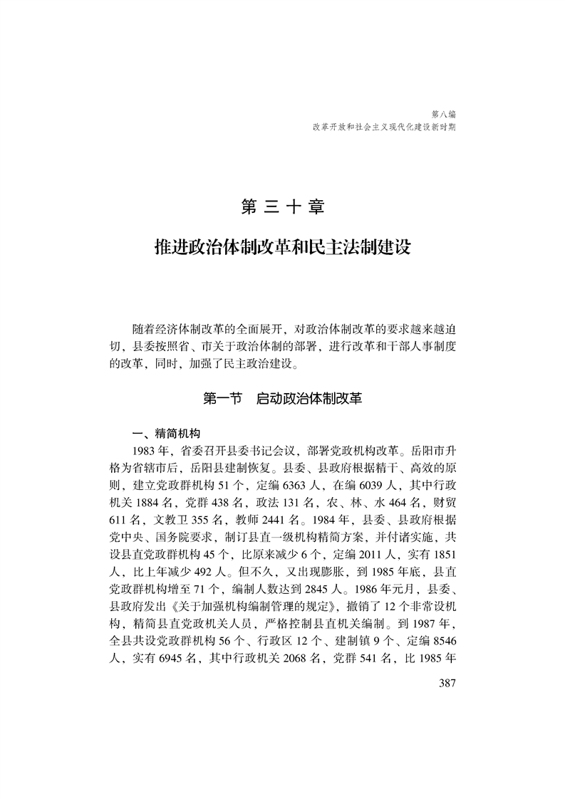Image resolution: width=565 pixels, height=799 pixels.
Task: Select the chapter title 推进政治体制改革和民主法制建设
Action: click(283, 248)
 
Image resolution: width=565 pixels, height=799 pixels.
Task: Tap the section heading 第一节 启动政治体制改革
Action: click(283, 399)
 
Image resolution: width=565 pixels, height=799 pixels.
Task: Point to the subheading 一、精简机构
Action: click(169, 434)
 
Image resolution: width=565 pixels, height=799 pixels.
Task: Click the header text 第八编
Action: click(444, 113)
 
